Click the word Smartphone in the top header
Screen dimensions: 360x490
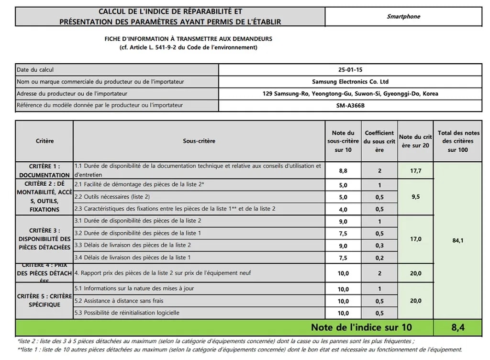pos(403,16)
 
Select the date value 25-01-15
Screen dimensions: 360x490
pos(350,69)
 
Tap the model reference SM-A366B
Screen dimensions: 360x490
pos(350,106)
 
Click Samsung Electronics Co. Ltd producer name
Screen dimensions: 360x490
pos(350,82)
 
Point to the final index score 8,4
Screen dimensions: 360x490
pos(457,328)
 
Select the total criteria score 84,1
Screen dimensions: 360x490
pos(457,240)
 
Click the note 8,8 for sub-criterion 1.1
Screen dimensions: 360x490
pos(343,170)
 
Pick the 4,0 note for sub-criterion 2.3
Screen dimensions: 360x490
pos(343,209)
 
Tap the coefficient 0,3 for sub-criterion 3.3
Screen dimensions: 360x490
pos(379,246)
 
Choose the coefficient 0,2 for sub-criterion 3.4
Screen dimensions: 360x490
pos(379,258)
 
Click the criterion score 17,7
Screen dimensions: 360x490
pos(415,170)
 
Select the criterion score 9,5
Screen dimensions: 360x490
pos(415,197)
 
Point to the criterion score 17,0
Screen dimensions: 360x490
pos(415,239)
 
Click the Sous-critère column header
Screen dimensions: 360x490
pos(199,141)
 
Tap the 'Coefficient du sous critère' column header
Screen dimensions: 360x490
pos(379,141)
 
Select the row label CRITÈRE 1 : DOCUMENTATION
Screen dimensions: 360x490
pos(45,171)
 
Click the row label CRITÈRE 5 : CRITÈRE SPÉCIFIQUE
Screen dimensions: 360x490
pos(45,301)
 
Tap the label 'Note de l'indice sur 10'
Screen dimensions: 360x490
pos(361,328)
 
